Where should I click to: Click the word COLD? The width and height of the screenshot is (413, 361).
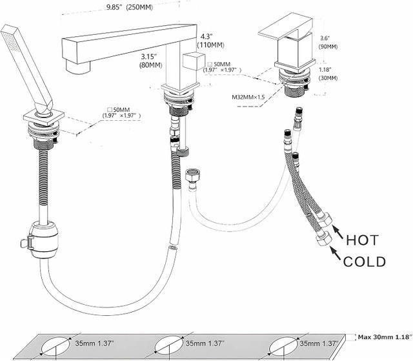tap(365, 262)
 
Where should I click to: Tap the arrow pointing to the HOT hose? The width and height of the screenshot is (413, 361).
tap(337, 231)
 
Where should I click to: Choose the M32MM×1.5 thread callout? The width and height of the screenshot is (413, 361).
tap(252, 98)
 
